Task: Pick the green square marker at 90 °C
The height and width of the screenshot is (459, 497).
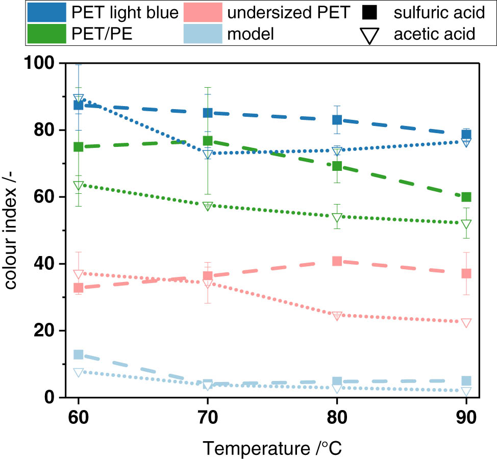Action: tap(466, 197)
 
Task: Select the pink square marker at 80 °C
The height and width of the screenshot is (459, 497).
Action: tap(337, 261)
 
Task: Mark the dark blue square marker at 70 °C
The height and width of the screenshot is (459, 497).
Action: tap(208, 113)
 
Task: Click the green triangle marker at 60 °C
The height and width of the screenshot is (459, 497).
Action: tap(78, 186)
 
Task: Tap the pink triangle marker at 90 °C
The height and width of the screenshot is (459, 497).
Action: tap(466, 323)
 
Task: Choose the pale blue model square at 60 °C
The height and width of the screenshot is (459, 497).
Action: tap(78, 354)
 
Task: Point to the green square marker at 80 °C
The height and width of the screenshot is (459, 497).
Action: tap(337, 166)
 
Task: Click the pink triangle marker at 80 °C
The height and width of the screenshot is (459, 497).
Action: tap(337, 316)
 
